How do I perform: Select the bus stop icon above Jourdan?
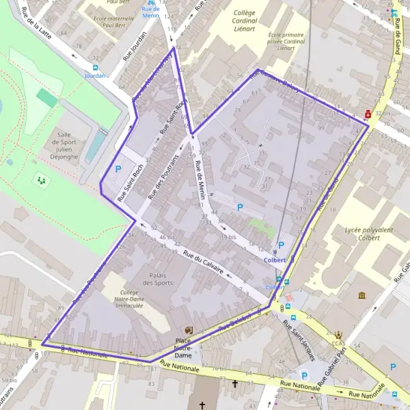[x=94, y=68]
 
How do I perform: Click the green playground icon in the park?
[x=42, y=180]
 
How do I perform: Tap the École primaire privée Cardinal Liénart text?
[x=286, y=41]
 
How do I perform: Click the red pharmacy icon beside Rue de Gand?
[x=368, y=114]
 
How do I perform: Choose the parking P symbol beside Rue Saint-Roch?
[x=118, y=169]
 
